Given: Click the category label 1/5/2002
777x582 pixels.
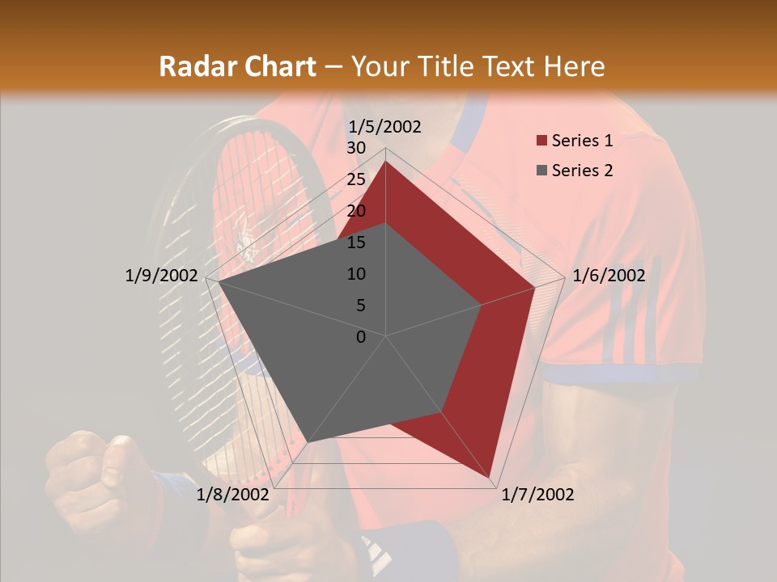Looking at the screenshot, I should pos(384,126).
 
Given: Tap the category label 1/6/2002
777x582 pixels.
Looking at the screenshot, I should pos(609,276).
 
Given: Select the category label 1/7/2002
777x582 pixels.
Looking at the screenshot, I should pos(537,495).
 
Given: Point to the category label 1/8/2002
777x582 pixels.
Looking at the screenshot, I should pos(232,495).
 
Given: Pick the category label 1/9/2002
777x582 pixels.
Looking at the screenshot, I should pos(161,276).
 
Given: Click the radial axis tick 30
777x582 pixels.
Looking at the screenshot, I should pos(355,148).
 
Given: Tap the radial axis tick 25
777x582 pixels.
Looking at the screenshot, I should pos(355,179).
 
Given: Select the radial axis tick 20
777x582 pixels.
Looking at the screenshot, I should pos(355,211).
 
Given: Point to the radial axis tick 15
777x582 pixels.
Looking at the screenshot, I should pos(355,242).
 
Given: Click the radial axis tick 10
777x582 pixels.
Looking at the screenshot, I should pos(355,274).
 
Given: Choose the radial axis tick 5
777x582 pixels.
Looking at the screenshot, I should pos(360,306).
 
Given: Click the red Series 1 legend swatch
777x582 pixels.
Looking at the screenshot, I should pos(541,141).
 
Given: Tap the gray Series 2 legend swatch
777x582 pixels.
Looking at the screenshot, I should pos(541,171).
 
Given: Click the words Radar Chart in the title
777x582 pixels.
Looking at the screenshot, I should pos(237,67).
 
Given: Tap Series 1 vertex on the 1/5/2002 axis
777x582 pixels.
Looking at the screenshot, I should pos(385,162).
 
